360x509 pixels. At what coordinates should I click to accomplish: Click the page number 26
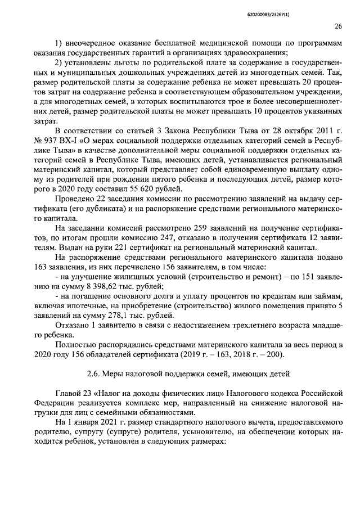pos(338,26)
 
